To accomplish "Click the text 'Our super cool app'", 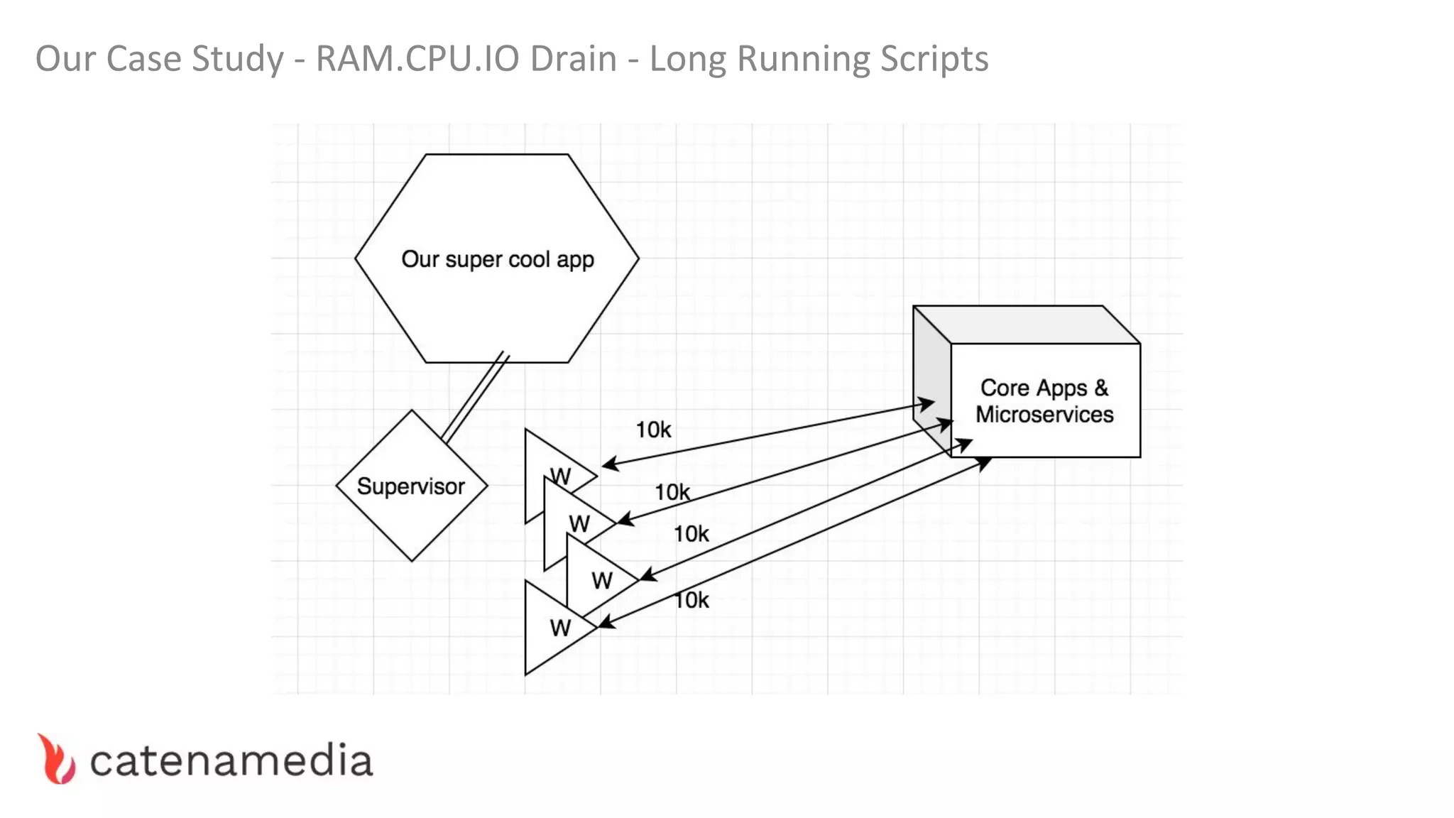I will [x=497, y=259].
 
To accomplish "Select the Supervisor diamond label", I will [x=410, y=486].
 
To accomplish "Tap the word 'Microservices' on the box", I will [x=1044, y=415].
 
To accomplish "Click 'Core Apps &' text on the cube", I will [x=1044, y=388].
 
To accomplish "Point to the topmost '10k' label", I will [x=653, y=430].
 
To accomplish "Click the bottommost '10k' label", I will [x=692, y=600].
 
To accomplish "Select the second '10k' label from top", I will [x=672, y=492].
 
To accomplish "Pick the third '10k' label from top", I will [x=691, y=534].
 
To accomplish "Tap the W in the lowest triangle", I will [x=559, y=628].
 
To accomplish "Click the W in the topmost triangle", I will [x=561, y=476].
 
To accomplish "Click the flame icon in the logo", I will [x=57, y=760].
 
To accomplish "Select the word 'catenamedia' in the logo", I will [x=231, y=761].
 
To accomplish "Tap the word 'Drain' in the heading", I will [x=574, y=58].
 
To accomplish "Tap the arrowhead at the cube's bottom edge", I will [x=984, y=463].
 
